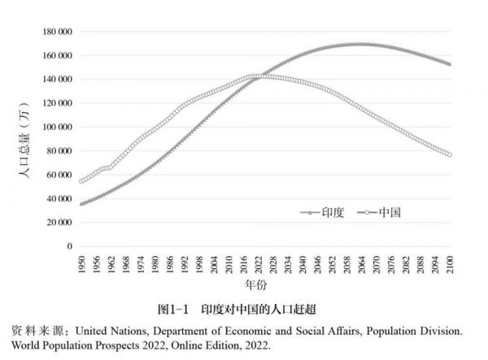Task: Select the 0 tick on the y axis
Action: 69,246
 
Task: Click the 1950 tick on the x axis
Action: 81,265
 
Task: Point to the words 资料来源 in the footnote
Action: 39,332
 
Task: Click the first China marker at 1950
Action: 81,180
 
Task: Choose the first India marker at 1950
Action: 81,203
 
